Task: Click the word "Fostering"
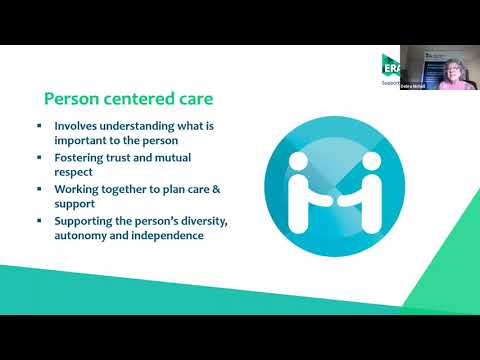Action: pos(82,157)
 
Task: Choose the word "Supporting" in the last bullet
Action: pos(87,219)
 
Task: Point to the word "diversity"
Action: pos(209,219)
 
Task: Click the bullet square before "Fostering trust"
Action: pos(39,157)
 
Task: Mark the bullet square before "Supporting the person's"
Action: pos(39,219)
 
